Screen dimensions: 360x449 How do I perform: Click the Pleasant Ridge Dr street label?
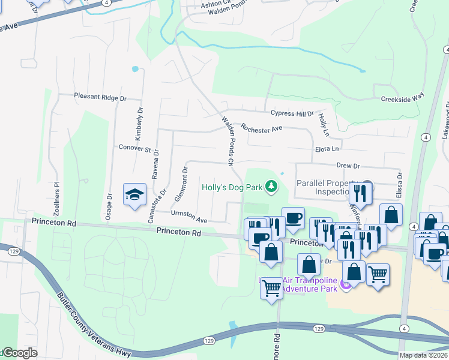(100, 97)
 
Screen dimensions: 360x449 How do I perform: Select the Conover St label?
(134, 148)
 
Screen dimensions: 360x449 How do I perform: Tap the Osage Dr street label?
(109, 206)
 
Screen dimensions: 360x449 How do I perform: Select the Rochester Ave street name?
(261, 128)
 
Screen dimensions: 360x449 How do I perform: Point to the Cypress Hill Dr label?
(292, 113)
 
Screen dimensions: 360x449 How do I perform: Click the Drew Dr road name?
(348, 166)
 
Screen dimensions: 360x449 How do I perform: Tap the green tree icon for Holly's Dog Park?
(271, 187)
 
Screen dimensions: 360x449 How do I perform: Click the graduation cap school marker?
(134, 194)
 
